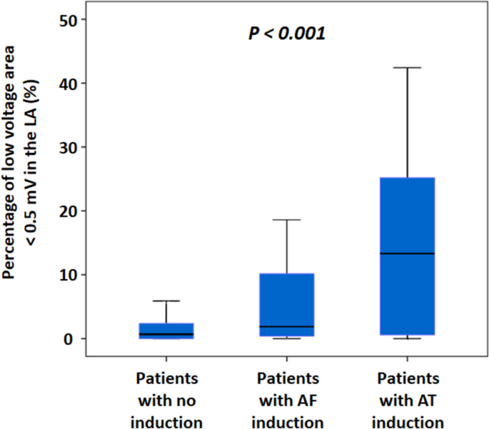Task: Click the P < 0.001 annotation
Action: [x=287, y=33]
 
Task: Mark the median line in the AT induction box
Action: [x=407, y=253]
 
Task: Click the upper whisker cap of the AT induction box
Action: [x=407, y=68]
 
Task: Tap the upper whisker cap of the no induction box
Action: [x=166, y=301]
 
